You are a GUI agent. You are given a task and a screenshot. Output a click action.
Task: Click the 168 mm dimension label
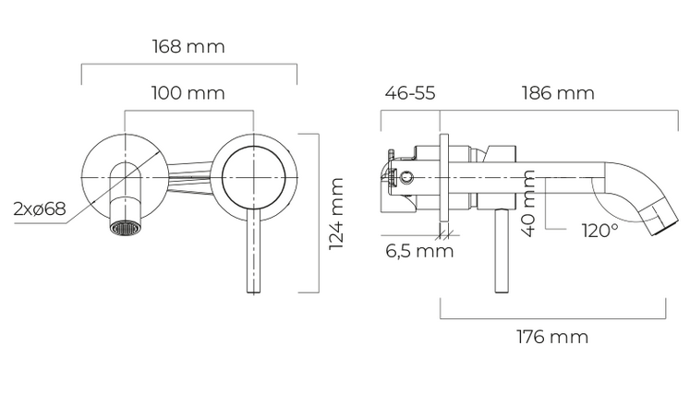[x=188, y=47]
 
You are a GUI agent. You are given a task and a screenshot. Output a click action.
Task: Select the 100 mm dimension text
[x=188, y=93]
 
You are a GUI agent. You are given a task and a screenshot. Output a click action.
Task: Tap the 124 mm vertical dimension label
[x=336, y=214]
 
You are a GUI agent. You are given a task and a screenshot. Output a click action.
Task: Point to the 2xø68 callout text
[x=40, y=208]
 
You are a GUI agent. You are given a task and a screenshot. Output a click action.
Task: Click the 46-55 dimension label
[x=410, y=93]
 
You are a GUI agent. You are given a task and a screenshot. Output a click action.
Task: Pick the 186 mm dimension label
[x=558, y=93]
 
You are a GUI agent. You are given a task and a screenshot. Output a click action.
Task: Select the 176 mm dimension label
[x=552, y=337]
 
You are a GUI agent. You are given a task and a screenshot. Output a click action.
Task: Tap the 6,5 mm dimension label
[x=419, y=252]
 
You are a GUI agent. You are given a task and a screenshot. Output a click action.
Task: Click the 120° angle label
[x=599, y=231]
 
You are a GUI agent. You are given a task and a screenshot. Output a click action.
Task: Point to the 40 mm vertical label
[x=528, y=203]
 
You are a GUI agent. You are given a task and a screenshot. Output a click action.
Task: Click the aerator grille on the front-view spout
[x=126, y=229]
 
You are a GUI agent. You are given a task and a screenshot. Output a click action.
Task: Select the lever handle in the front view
[x=253, y=251]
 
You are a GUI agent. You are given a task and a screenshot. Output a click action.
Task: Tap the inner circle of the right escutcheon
[x=253, y=177]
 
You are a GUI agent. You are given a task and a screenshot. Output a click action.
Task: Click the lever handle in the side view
[x=502, y=251]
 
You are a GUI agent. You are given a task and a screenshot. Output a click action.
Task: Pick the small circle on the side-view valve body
[x=407, y=178]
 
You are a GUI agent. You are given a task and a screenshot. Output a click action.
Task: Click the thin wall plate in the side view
[x=444, y=178]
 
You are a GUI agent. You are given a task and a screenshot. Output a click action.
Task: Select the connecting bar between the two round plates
[x=189, y=177]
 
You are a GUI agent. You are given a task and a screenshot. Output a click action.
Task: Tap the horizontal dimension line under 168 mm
[x=189, y=65]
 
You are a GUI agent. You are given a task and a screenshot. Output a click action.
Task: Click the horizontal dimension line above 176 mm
[x=553, y=318]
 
